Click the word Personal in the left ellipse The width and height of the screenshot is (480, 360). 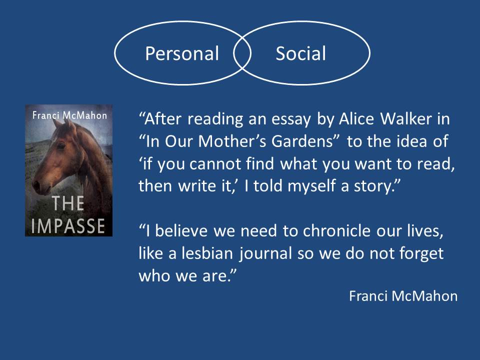(182, 53)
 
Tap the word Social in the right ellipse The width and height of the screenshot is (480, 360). (300, 53)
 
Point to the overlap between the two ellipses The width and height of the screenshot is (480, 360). (242, 53)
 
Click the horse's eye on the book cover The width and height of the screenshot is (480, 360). (61, 146)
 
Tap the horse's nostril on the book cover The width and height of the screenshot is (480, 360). (36, 185)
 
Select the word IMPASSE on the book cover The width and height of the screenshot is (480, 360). (68, 226)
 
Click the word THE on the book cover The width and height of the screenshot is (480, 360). (67, 203)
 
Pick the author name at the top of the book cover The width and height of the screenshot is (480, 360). (69, 115)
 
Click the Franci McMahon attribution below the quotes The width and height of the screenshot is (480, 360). (403, 296)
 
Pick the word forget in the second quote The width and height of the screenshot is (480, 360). (424, 254)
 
